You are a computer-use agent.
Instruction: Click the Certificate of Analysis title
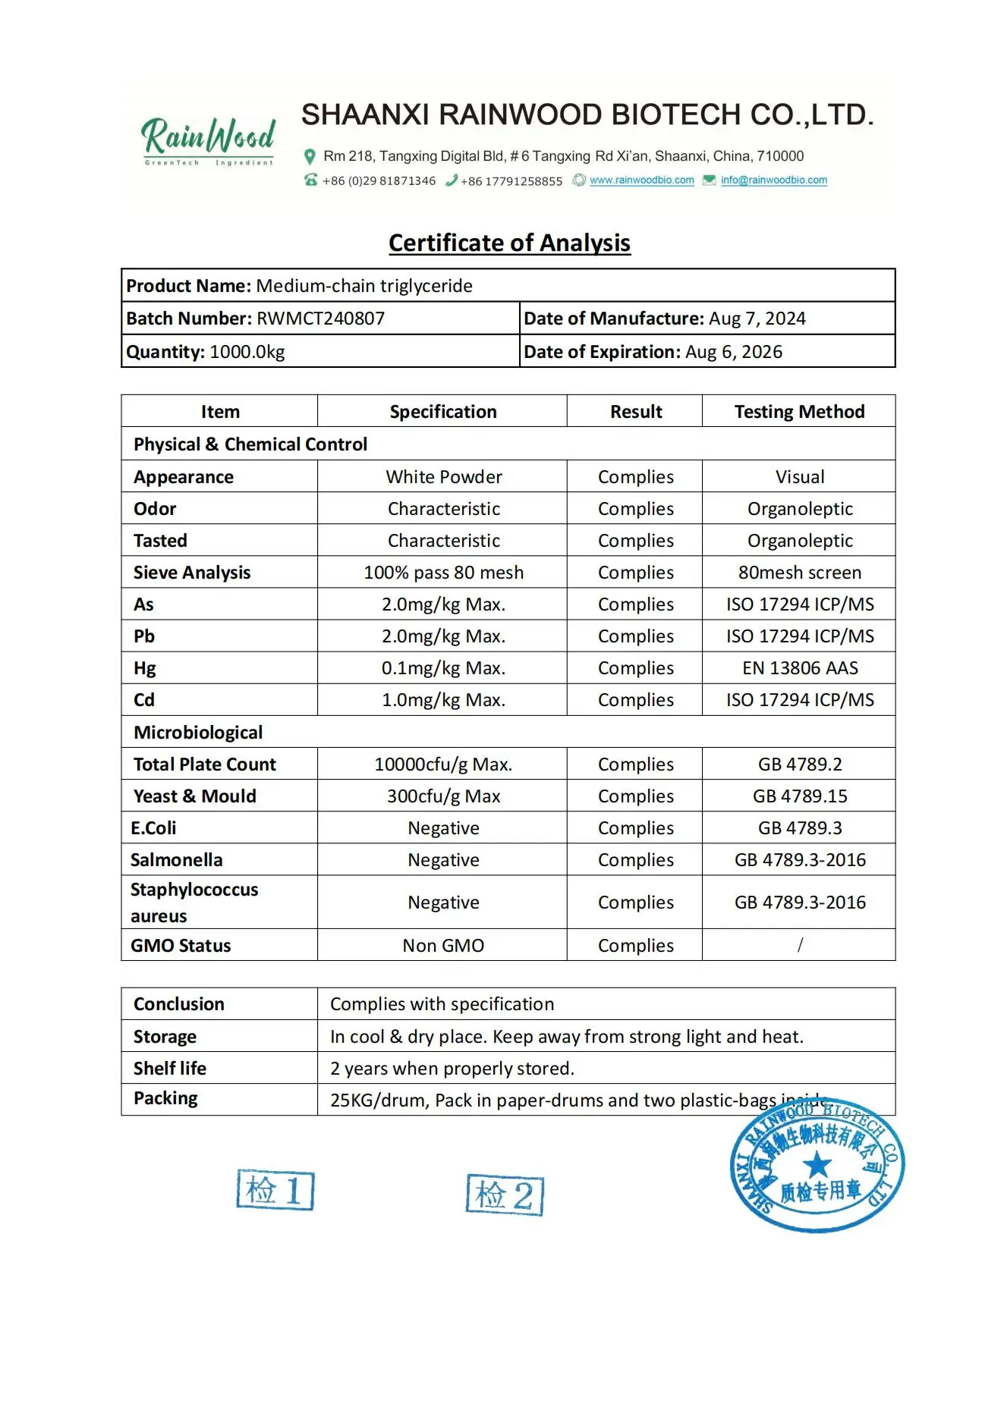509,243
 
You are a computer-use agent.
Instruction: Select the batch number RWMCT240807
320,319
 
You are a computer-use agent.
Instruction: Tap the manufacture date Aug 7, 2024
757,319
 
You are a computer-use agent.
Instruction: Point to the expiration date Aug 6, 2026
733,352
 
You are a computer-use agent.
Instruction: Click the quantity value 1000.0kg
247,352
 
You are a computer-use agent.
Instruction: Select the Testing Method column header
799,412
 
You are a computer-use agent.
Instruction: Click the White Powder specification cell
443,477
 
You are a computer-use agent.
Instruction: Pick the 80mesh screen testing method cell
799,573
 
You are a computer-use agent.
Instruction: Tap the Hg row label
145,668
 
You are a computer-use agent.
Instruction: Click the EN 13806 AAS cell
799,668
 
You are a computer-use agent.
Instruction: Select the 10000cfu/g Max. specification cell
443,764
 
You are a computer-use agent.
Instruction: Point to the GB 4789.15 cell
799,796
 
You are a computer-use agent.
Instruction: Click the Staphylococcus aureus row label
194,903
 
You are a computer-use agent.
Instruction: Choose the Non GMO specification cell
443,946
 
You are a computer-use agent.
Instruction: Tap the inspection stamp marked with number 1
275,1189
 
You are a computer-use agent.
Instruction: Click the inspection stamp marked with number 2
505,1195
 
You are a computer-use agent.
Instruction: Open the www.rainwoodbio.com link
641,181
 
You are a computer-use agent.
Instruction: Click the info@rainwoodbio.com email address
773,181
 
